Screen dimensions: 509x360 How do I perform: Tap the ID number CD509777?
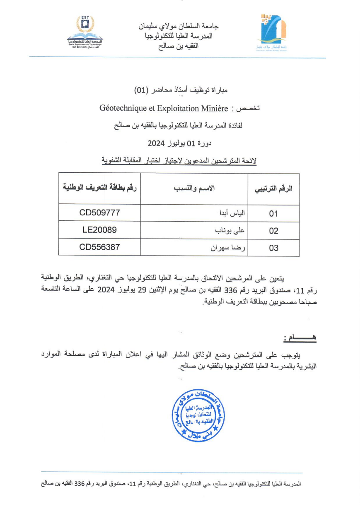99,213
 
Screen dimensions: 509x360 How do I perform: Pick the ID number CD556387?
99,247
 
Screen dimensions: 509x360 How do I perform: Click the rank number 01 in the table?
273,214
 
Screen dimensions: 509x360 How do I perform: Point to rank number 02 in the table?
273,231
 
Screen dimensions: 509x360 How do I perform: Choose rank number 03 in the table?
273,248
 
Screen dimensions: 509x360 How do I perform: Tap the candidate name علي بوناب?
230,231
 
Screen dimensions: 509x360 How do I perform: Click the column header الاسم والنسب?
194,188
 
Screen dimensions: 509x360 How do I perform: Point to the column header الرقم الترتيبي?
273,189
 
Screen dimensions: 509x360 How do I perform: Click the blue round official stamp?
198,415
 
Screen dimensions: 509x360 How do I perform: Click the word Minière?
214,109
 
